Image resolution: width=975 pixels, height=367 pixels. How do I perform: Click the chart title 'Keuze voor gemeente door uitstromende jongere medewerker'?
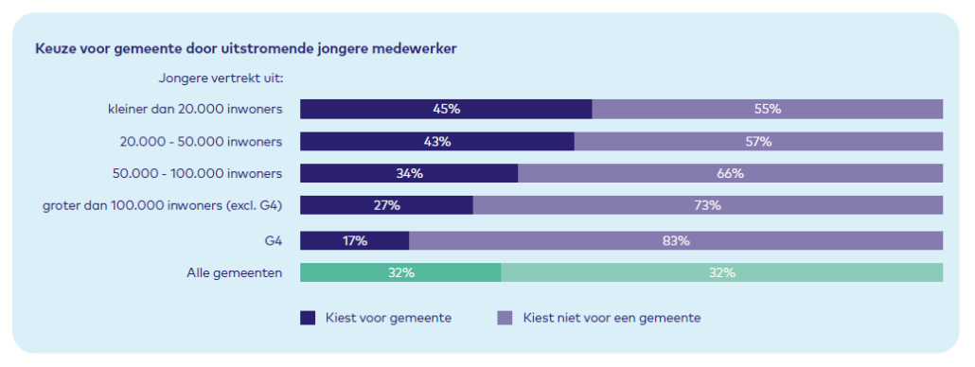(247, 47)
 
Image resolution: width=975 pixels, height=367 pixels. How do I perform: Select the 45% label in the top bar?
(446, 109)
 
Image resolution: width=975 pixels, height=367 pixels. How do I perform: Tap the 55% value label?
(767, 109)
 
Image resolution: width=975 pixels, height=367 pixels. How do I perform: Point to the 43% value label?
(437, 142)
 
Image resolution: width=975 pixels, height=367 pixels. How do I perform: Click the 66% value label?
(730, 173)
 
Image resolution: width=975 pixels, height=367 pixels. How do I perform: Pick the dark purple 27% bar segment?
(386, 205)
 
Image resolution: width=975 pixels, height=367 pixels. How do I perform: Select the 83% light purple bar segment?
(675, 240)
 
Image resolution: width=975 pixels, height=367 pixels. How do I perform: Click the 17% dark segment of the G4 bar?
(354, 240)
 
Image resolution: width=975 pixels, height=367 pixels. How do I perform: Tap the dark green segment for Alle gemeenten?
(400, 272)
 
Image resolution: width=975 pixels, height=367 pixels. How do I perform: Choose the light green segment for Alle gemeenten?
(721, 272)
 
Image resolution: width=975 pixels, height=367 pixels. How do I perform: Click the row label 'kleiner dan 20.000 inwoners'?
(195, 109)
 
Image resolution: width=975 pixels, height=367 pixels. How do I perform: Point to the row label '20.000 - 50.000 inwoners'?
(201, 142)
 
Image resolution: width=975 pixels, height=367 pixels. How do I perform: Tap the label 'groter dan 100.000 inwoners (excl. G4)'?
(164, 205)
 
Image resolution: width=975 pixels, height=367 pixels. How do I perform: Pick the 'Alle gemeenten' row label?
(234, 272)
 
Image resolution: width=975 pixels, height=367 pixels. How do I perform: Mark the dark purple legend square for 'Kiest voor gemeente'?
(308, 318)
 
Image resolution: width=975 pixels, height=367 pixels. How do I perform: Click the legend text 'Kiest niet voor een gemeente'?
(612, 318)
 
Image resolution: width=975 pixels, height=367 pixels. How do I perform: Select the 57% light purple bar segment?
(758, 142)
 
